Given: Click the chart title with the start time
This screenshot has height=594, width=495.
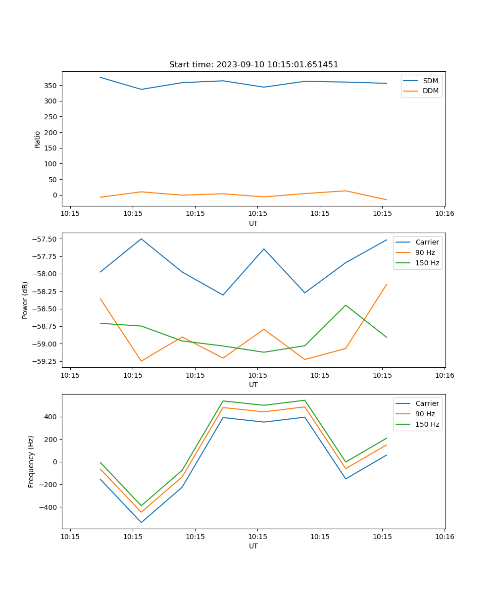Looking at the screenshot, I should (x=253, y=65).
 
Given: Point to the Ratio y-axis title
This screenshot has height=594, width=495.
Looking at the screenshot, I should (x=38, y=139).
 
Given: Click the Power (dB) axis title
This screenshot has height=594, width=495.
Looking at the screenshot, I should (x=25, y=300).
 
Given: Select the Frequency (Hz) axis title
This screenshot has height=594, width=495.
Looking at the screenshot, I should (x=31, y=461).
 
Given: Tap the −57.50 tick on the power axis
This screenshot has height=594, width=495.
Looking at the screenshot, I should (x=46, y=239).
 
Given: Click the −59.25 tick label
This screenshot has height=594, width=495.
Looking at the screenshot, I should (x=46, y=361).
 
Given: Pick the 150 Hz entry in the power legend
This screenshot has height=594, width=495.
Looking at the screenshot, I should (x=427, y=263).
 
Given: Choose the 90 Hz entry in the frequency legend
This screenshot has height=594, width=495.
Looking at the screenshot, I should (x=425, y=414).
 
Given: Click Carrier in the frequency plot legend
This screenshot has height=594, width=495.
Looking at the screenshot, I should (x=427, y=403).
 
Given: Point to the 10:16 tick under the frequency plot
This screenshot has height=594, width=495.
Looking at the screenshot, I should (x=445, y=537).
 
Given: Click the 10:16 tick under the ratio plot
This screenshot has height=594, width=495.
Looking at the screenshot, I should (x=445, y=214).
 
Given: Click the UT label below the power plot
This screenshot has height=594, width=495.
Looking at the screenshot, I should (x=253, y=385).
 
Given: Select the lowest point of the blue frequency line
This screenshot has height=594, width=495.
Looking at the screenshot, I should (x=141, y=522).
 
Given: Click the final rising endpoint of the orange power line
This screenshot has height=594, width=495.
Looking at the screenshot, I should (x=387, y=284).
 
